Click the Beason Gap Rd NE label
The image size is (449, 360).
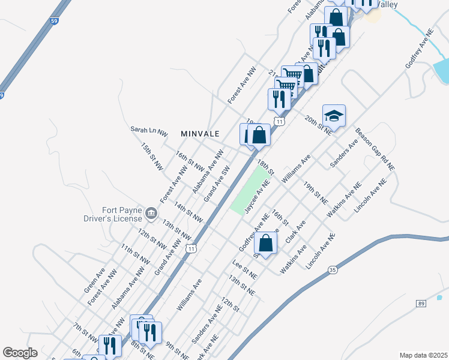(375, 149)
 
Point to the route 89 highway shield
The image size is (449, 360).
(421, 304)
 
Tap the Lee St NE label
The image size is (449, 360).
(244, 267)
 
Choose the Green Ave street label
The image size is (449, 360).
(94, 281)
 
